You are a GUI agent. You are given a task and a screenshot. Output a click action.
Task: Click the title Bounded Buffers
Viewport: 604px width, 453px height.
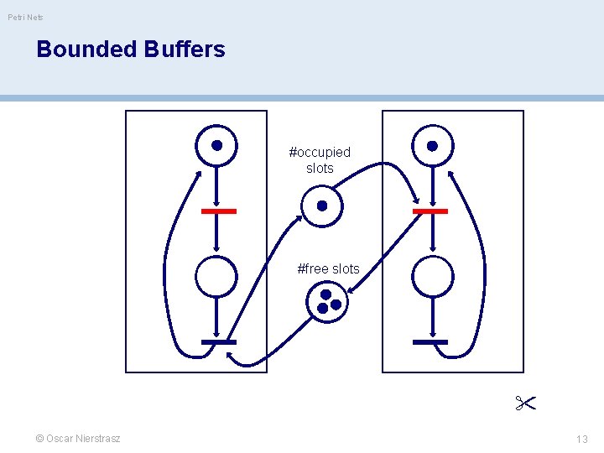click(131, 49)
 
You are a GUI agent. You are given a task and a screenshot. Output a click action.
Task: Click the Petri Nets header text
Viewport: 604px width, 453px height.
click(26, 17)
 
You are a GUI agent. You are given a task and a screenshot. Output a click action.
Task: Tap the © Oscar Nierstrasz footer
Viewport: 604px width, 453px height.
click(78, 439)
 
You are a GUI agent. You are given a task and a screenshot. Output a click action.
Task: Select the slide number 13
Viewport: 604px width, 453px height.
click(582, 439)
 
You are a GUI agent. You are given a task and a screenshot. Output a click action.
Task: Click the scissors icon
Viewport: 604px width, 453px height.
click(526, 404)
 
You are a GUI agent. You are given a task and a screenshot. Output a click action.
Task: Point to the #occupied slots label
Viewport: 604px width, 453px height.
click(320, 160)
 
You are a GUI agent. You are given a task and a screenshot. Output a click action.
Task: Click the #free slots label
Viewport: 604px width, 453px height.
click(328, 269)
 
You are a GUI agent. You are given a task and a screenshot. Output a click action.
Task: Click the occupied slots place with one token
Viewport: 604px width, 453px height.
click(321, 206)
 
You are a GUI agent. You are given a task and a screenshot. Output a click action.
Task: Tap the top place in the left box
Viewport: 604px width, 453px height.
click(216, 145)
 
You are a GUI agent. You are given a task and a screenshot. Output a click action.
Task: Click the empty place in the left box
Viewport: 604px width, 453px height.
click(216, 275)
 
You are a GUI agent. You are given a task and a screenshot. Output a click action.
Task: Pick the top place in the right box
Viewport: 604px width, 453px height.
click(432, 145)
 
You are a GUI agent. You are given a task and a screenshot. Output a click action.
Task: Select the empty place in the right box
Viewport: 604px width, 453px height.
click(432, 275)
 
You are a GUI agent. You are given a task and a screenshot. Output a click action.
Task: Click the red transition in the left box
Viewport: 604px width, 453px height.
click(219, 211)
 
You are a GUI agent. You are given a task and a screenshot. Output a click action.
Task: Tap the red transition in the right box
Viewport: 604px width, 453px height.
click(430, 211)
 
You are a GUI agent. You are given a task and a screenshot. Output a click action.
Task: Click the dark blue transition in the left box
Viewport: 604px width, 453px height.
click(219, 342)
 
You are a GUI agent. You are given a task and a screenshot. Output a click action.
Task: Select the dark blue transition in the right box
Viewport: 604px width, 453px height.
click(430, 342)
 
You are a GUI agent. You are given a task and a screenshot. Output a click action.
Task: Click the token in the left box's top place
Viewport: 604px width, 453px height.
click(216, 145)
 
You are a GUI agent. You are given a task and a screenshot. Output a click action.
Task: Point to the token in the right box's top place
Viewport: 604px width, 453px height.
click(432, 145)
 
